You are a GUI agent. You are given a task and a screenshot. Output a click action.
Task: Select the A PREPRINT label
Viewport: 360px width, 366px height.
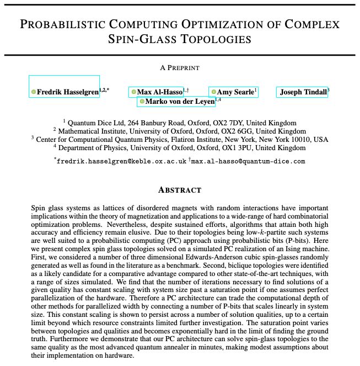click(180, 68)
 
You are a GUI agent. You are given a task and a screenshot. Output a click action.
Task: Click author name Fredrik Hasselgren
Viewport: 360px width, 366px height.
click(68, 92)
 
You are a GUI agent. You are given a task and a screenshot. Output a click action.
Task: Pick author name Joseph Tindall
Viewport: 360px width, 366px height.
click(303, 92)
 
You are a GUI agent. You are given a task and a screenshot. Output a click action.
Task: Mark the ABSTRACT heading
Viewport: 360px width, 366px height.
click(180, 190)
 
